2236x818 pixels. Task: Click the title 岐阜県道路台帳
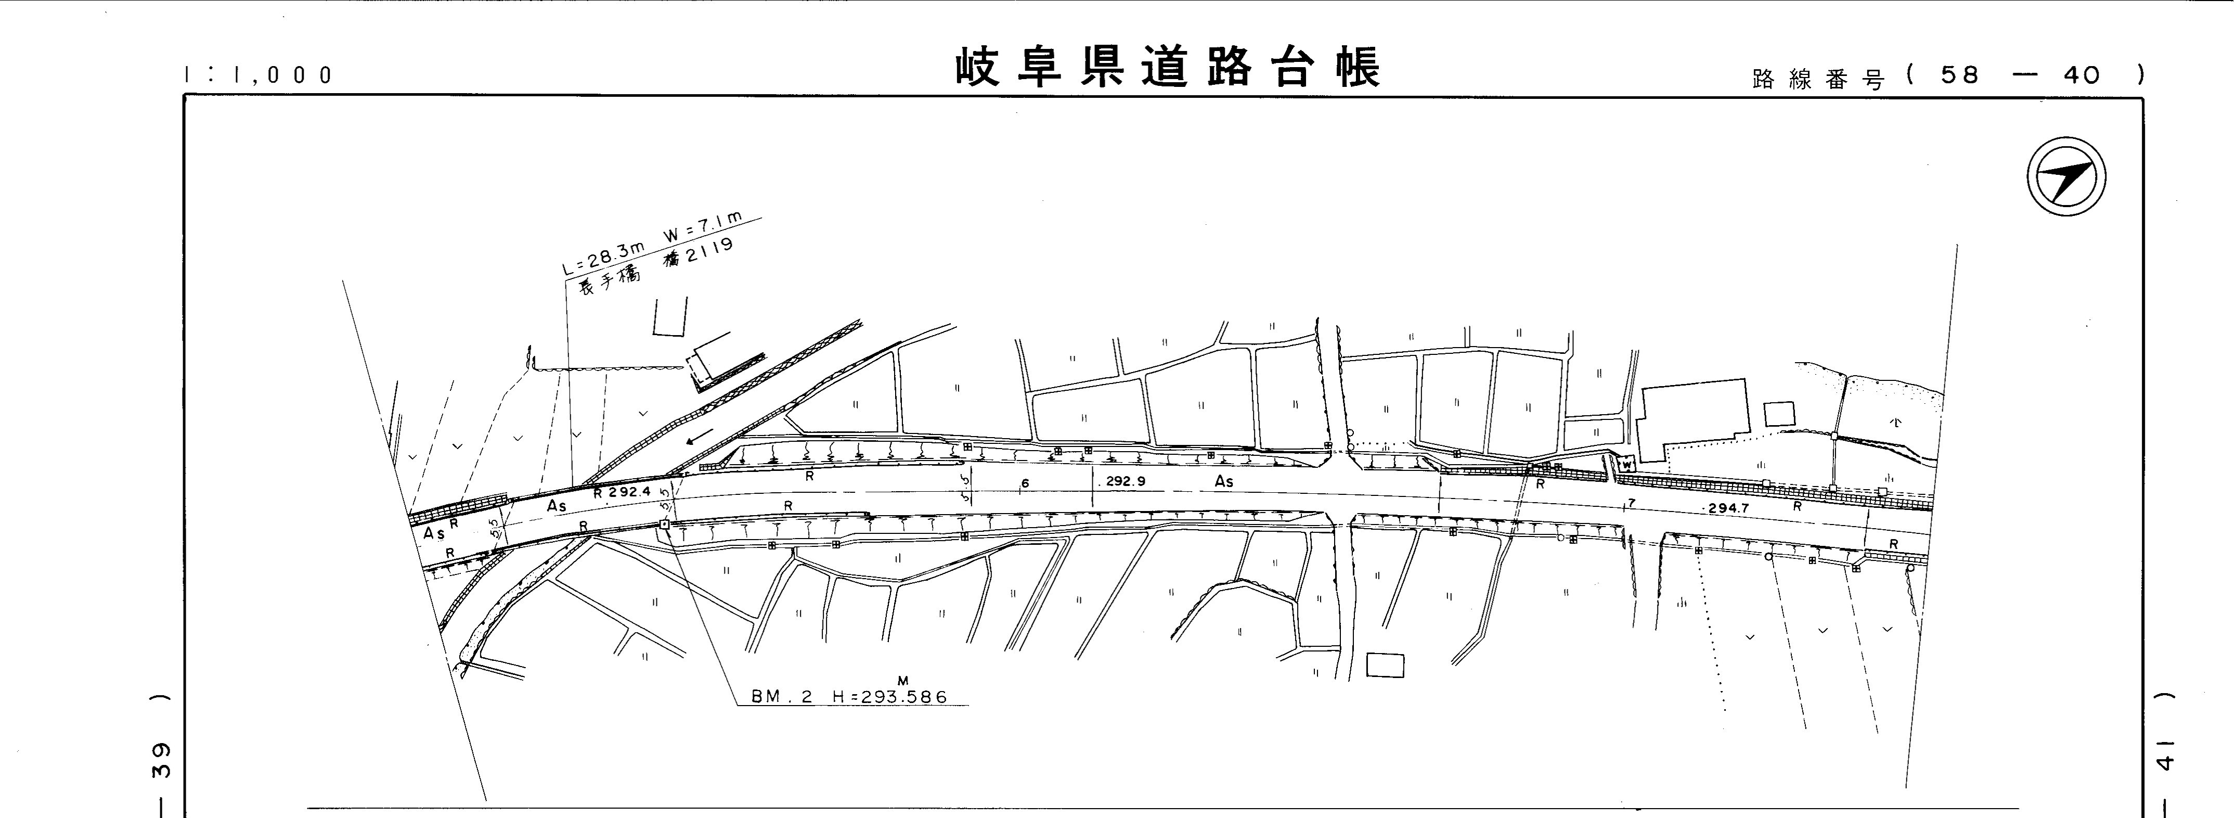[x=1168, y=68]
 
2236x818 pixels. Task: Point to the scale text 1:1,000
[x=259, y=75]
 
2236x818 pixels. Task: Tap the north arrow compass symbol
[x=2066, y=176]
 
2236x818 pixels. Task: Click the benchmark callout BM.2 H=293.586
[x=849, y=696]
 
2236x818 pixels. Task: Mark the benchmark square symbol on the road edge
[x=664, y=525]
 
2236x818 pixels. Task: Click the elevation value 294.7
[x=1727, y=508]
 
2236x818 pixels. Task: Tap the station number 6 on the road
[x=1025, y=483]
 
